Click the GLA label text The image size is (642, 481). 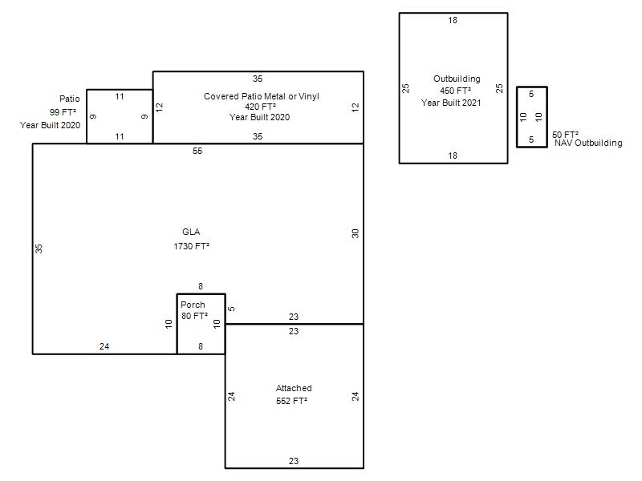(191, 232)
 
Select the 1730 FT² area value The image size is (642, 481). (191, 246)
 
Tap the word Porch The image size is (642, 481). (193, 305)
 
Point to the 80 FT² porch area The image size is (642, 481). (194, 316)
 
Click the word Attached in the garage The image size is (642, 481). (294, 388)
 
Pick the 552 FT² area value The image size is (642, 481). (291, 402)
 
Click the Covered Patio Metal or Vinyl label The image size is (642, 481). (262, 96)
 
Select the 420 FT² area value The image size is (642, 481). (260, 107)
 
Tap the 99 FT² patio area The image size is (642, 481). (63, 112)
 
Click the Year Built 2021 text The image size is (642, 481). (451, 103)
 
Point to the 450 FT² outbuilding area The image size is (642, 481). (455, 91)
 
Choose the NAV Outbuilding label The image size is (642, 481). (588, 143)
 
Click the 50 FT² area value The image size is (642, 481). (565, 135)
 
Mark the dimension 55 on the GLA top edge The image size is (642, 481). (197, 151)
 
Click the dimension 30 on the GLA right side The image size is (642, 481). (355, 233)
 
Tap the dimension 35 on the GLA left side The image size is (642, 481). (39, 249)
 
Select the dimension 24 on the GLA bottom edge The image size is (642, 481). (104, 346)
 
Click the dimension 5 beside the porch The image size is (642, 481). (231, 309)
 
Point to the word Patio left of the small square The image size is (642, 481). (70, 99)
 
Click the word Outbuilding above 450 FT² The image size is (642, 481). (457, 79)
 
